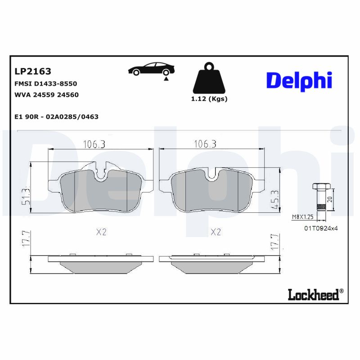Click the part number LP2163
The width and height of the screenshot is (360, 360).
click(33, 71)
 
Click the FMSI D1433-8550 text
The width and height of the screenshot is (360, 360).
click(46, 84)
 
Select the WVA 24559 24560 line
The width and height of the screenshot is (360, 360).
click(47, 95)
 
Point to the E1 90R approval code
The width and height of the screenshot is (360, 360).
click(56, 117)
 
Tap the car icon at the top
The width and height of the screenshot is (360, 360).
click(152, 69)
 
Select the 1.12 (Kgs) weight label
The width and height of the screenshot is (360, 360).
click(209, 99)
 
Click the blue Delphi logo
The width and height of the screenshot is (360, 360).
click(299, 81)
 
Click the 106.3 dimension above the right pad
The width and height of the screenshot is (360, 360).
click(205, 144)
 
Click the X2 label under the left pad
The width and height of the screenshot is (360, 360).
click(101, 232)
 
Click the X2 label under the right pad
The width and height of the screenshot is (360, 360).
click(216, 232)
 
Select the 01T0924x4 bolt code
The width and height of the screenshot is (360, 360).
click(320, 228)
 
